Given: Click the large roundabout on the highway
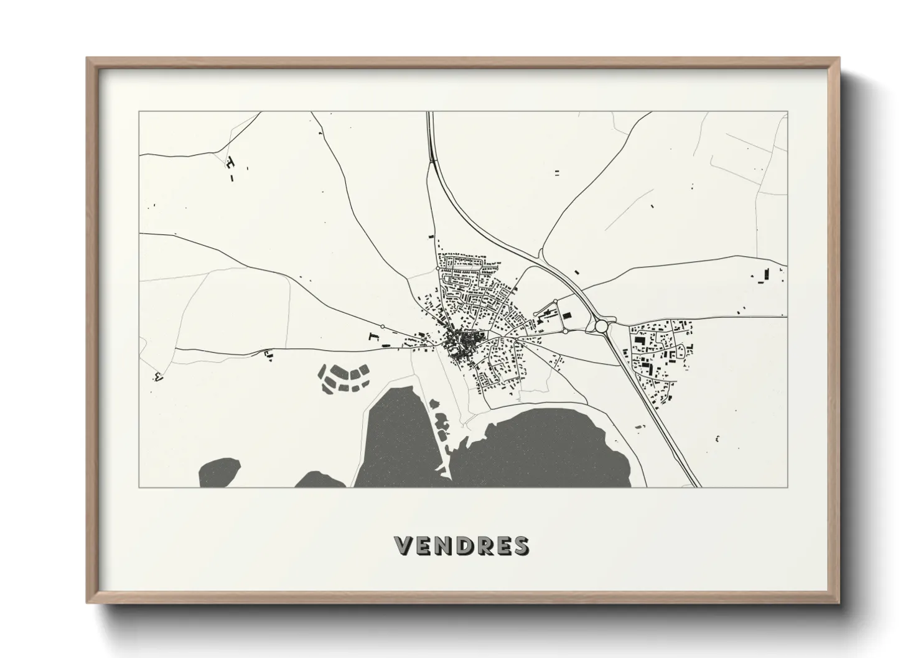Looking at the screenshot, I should pos(601,325).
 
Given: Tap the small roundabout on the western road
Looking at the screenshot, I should pos(381,326).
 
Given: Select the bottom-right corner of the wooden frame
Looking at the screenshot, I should pos(839,601).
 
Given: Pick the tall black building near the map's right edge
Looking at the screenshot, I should pos(767,274).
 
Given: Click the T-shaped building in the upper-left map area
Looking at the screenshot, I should pos(231,163).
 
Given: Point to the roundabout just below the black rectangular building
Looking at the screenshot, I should pos(565,331).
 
